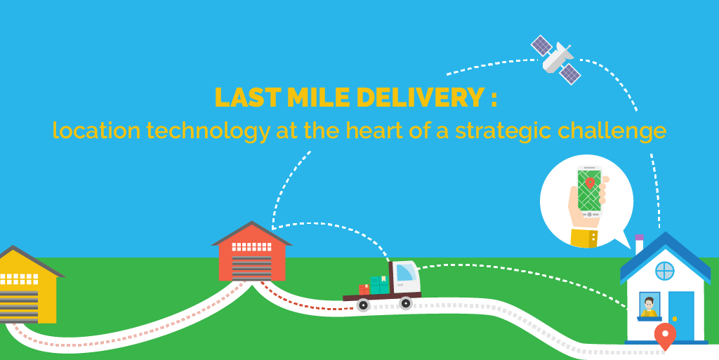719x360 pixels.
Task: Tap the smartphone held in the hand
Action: (x=589, y=189)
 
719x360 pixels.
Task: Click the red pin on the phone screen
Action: (x=591, y=182)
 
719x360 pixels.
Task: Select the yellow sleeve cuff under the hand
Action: (x=583, y=237)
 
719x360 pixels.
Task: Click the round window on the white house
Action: (x=664, y=271)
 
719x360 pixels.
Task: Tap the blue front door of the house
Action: (x=680, y=314)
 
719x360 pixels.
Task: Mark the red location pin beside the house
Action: (x=664, y=335)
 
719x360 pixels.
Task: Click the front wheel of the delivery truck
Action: (x=405, y=303)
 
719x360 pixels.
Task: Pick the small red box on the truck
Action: (x=364, y=288)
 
